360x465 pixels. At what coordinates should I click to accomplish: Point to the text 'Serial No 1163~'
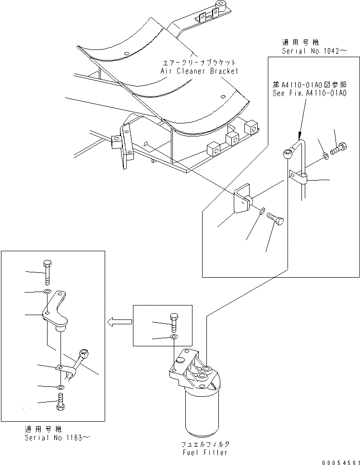coord(57,438)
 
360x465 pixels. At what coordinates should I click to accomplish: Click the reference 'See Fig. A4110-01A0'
coord(309,93)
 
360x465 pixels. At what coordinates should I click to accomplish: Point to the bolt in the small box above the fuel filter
coord(174,320)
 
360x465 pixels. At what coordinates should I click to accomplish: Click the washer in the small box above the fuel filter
coord(174,338)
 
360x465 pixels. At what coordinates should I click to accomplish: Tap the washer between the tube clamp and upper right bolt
coord(325,155)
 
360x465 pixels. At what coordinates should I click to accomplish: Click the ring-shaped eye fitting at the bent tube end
coord(286,154)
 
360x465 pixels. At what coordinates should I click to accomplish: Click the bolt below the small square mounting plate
coord(275,219)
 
